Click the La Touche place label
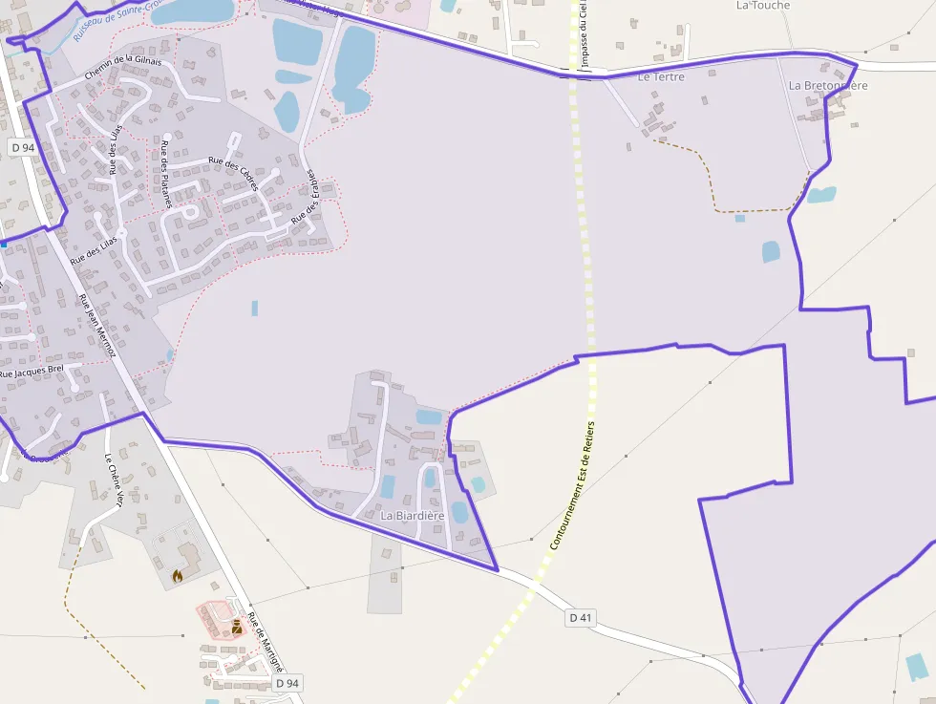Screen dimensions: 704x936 click(x=763, y=6)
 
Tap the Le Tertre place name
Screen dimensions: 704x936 click(x=661, y=76)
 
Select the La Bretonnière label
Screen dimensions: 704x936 click(x=828, y=86)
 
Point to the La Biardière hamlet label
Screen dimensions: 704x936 click(x=413, y=516)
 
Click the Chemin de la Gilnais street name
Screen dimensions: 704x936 click(x=123, y=67)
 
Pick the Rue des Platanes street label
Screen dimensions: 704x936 click(x=166, y=162)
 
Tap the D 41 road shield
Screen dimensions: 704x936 click(x=580, y=618)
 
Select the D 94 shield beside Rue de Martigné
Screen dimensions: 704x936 click(x=287, y=683)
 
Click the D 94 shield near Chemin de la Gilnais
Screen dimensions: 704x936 click(x=22, y=147)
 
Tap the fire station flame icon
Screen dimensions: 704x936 click(x=178, y=575)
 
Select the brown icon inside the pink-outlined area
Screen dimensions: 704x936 click(x=236, y=626)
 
